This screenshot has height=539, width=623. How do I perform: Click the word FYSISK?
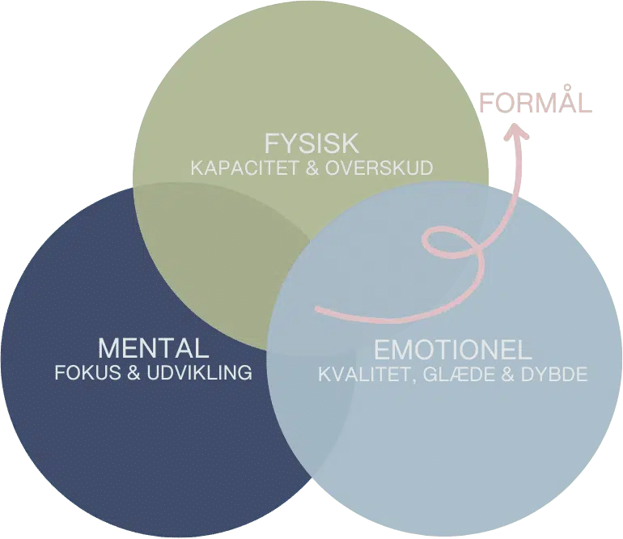pos(311,144)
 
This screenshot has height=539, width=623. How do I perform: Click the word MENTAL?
pos(153,349)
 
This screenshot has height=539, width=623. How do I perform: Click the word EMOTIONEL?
pos(452,351)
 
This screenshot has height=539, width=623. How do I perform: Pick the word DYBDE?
pos(555,376)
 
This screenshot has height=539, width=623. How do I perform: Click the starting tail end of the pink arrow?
pos(317,309)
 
